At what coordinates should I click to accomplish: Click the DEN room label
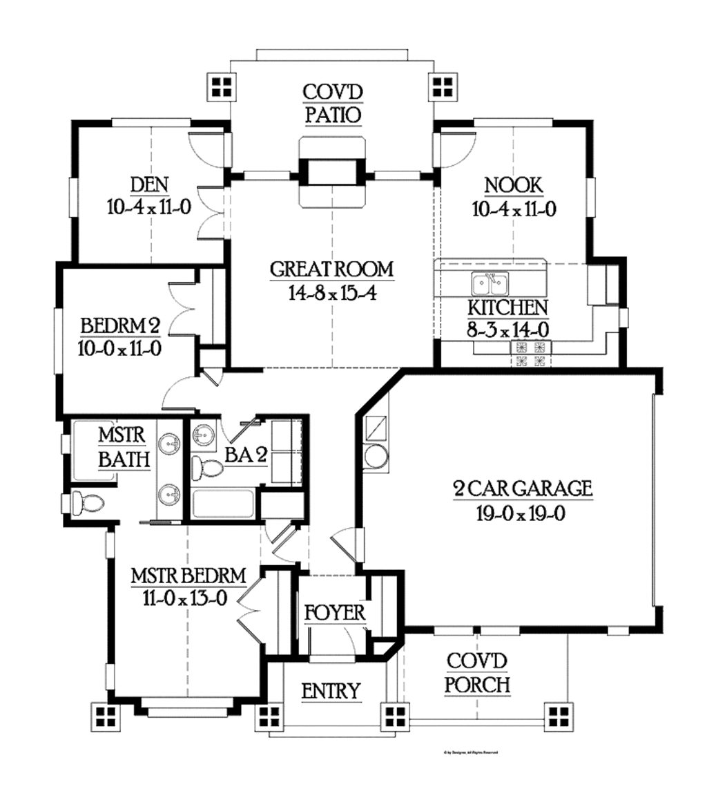149,185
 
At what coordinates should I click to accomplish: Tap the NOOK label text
514,185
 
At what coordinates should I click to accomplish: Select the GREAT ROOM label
331,269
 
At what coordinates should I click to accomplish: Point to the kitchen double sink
490,283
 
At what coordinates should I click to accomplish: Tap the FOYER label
335,613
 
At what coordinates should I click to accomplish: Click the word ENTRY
331,690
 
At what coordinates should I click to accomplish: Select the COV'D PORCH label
477,673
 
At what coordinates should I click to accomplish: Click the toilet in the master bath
86,502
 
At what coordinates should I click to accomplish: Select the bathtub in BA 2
222,504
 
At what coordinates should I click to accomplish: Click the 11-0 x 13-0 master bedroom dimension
187,598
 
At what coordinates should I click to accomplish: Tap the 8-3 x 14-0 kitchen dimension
508,330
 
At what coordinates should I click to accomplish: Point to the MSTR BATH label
122,447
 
